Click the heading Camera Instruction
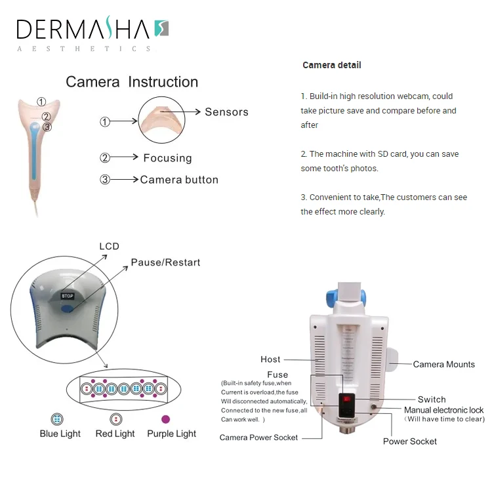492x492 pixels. click(132, 82)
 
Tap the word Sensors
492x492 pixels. click(226, 112)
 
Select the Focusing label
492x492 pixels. click(167, 158)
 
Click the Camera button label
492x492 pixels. click(179, 180)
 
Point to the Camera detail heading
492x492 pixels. click(331, 65)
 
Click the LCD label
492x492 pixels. click(109, 247)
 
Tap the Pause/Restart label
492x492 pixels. click(165, 262)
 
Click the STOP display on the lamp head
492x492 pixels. click(68, 296)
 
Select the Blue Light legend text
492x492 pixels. click(60, 434)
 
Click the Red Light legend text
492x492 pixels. click(115, 434)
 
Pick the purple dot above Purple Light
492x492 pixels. click(165, 419)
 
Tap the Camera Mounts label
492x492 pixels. click(443, 365)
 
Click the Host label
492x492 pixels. click(270, 359)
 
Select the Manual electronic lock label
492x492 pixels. click(443, 410)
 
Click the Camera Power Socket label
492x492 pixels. click(258, 438)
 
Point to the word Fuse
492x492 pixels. click(277, 375)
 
